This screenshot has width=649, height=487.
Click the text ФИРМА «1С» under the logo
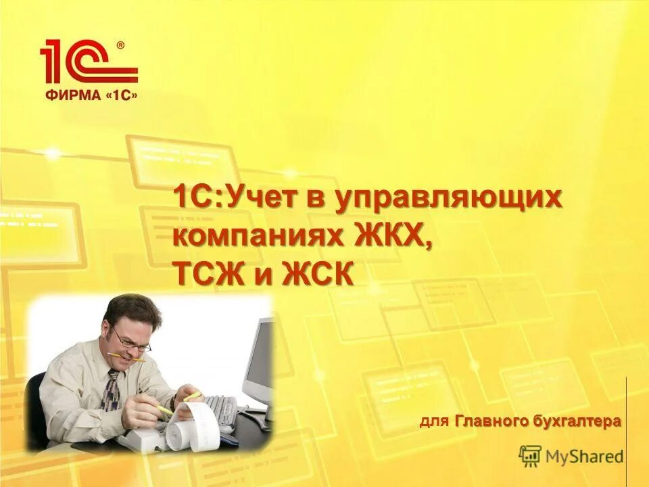(91, 95)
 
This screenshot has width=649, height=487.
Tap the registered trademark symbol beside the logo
(120, 45)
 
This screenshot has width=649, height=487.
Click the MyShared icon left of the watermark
(530, 455)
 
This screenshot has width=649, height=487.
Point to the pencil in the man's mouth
(128, 356)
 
